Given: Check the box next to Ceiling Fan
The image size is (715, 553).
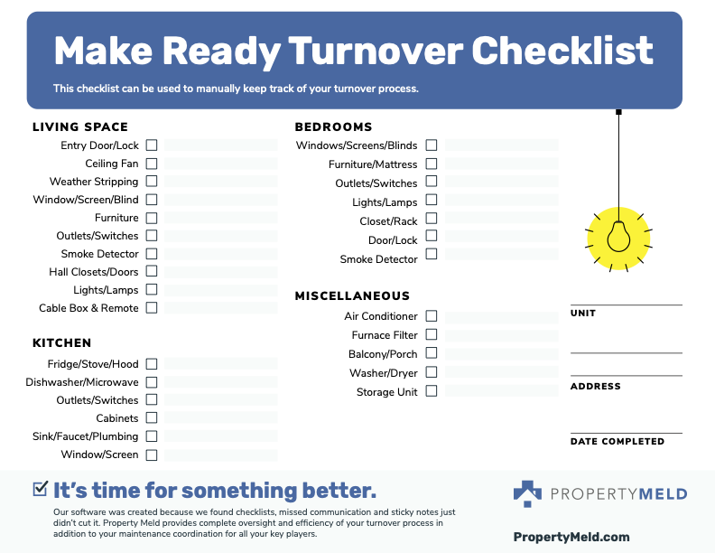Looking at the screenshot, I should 152,164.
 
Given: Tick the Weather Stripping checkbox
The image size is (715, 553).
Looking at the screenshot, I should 152,182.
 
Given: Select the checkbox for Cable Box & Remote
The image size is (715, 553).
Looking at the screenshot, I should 152,307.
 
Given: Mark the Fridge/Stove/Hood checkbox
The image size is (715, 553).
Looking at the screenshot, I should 152,363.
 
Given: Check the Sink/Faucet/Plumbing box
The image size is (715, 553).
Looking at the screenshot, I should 152,436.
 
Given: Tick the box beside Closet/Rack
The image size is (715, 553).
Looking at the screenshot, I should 432,219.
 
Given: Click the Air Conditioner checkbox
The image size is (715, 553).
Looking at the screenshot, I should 432,316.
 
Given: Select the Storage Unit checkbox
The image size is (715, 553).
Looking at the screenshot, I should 432,391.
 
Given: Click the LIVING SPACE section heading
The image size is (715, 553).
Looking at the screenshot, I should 80,127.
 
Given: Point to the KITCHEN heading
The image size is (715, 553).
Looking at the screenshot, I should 62,343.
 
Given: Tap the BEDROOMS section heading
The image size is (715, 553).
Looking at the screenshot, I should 333,127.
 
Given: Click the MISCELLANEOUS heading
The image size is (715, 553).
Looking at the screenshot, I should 352,296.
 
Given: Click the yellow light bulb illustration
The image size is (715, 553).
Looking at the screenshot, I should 618,236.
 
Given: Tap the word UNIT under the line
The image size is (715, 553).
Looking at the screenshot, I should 583,314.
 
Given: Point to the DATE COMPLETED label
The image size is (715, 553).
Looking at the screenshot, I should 617,442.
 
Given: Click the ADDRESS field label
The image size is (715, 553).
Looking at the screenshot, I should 596,387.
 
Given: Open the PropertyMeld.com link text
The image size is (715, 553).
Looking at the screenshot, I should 571,537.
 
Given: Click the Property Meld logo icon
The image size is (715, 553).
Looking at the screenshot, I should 527,493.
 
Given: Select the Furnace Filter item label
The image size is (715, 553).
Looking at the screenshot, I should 385,335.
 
